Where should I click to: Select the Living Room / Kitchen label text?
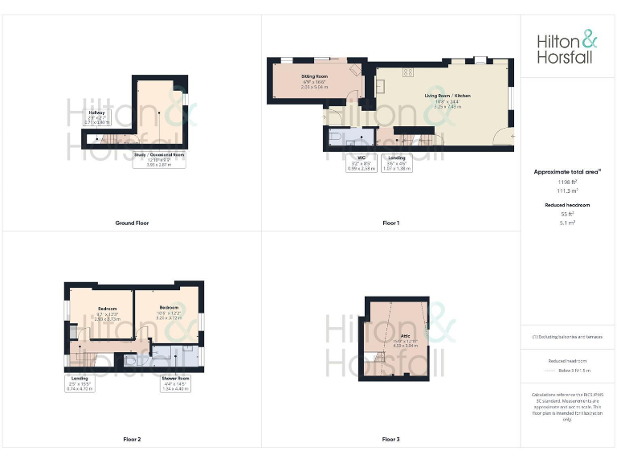[x=447, y=100]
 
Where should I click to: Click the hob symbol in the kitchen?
[x=407, y=72]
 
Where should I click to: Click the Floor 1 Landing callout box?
[x=397, y=163]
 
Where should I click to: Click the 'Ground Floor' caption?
[x=132, y=223]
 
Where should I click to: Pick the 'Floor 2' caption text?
[x=132, y=440]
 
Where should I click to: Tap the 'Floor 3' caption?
[x=390, y=440]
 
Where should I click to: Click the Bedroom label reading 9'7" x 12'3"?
[x=108, y=313]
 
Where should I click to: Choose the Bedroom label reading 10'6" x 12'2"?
[x=169, y=313]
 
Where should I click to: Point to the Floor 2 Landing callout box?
[x=80, y=383]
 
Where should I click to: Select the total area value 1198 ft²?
[x=567, y=182]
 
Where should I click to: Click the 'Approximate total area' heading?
[x=567, y=171]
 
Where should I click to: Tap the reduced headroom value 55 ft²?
[x=567, y=215]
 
